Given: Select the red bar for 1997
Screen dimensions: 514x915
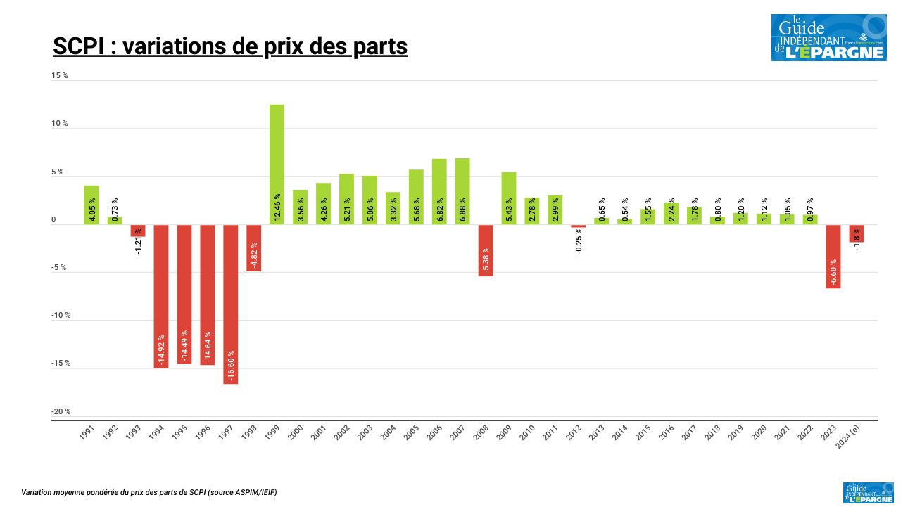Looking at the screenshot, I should (x=230, y=304).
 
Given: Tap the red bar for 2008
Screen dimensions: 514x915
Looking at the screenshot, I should (x=485, y=250).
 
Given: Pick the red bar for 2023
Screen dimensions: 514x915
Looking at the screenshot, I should (x=833, y=256).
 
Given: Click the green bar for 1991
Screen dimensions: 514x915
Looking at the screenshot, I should (x=91, y=205).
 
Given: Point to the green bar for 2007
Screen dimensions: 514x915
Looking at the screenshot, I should (x=462, y=191).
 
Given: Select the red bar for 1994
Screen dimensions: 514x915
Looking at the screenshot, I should (x=161, y=296).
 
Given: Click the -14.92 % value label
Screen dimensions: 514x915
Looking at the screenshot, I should (x=161, y=349).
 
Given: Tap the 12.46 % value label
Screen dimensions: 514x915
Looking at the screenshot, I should (x=277, y=207).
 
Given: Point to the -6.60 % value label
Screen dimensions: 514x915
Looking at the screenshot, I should (x=833, y=271).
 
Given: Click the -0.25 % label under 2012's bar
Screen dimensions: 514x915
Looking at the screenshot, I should (x=579, y=240).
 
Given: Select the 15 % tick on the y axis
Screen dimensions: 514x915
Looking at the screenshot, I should (x=60, y=75).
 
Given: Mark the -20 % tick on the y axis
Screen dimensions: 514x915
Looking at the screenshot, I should (x=61, y=411).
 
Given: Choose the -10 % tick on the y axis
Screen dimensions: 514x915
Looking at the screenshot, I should (x=61, y=315).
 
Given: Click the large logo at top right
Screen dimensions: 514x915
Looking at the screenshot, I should (x=828, y=38).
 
